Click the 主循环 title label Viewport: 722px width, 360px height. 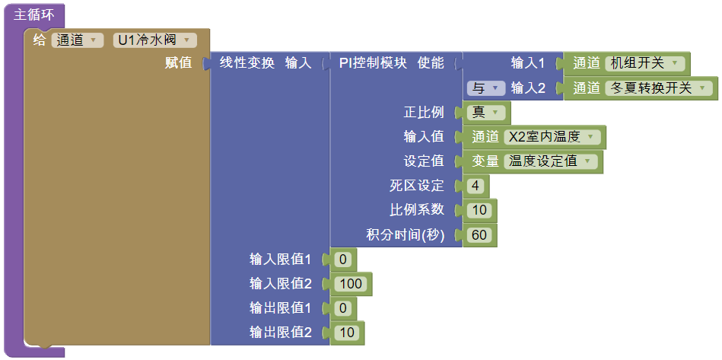click(34, 14)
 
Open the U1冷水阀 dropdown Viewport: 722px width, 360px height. click(155, 40)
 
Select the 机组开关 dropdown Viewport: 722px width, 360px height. click(646, 63)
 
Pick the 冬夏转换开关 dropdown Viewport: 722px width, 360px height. click(660, 88)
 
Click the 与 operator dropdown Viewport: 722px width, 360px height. click(485, 88)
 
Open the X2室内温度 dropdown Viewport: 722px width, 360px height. click(552, 137)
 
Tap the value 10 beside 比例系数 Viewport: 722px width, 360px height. click(479, 210)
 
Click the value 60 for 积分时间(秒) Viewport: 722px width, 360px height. click(479, 234)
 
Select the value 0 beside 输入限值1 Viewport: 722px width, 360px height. click(343, 260)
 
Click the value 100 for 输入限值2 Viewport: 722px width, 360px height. click(351, 284)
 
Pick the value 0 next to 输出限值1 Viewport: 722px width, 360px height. click(343, 308)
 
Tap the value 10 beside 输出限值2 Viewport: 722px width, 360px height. click(348, 333)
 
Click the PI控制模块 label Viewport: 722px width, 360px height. click(373, 63)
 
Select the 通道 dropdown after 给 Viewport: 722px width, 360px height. click(77, 40)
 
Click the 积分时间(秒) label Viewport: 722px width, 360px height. click(405, 234)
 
